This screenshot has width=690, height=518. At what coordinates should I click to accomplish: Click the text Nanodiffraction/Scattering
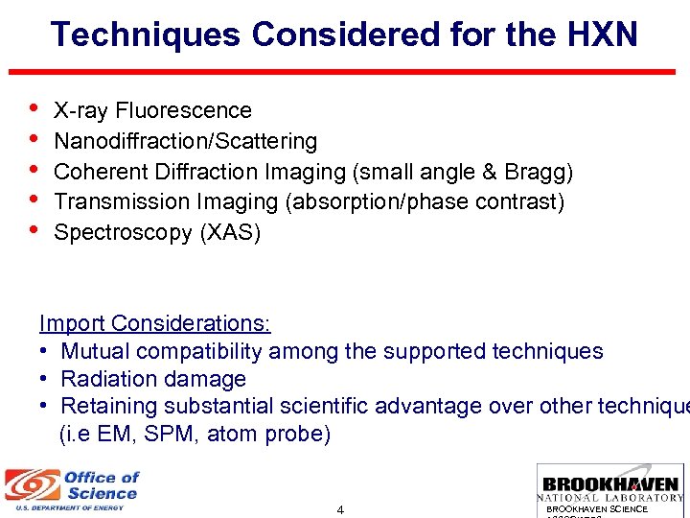pyautogui.click(x=185, y=142)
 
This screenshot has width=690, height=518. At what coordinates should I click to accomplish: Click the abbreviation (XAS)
pyautogui.click(x=229, y=233)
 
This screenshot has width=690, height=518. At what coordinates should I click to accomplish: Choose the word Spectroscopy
pyautogui.click(x=123, y=233)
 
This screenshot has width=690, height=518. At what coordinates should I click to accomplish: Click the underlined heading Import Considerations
pyautogui.click(x=154, y=324)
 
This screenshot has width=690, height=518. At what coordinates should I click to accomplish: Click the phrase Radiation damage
pyautogui.click(x=153, y=379)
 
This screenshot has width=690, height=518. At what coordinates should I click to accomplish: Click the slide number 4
pyautogui.click(x=340, y=509)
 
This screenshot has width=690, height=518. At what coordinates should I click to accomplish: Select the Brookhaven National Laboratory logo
pyautogui.click(x=611, y=489)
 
